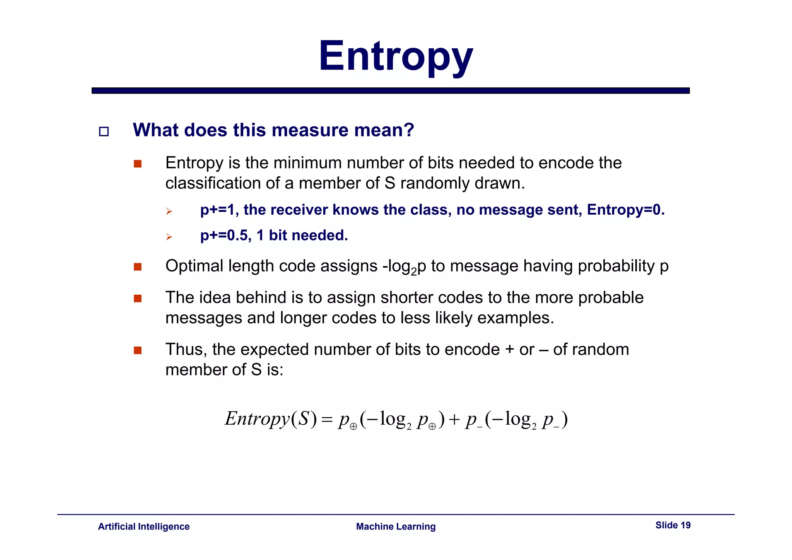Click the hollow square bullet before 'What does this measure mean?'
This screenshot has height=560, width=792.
[x=104, y=131]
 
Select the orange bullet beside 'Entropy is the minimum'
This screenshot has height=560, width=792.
[x=138, y=164]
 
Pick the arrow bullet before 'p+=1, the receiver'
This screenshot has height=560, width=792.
[x=169, y=211]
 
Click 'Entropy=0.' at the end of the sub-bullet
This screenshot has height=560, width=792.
[x=625, y=210]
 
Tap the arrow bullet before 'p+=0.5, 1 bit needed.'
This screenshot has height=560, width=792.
[x=169, y=237]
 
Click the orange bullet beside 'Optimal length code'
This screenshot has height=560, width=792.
[x=138, y=267]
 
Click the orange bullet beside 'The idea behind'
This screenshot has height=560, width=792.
[x=138, y=299]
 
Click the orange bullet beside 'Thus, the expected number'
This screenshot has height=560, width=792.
[x=138, y=350]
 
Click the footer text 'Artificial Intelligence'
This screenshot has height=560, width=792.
[x=143, y=526]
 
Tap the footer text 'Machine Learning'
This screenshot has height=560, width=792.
[x=396, y=526]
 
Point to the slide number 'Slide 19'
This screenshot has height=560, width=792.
[x=673, y=525]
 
